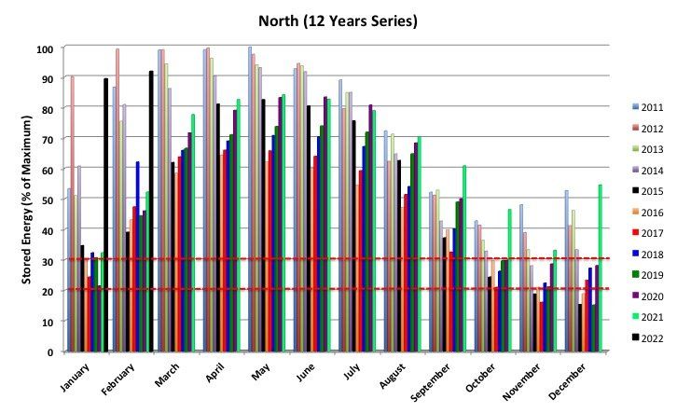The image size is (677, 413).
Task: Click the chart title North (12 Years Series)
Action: (x=338, y=20)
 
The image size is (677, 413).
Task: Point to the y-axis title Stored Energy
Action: (x=30, y=198)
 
